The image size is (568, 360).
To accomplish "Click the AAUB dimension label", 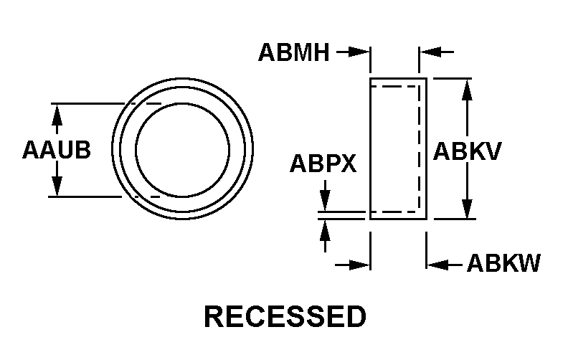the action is click(x=57, y=150).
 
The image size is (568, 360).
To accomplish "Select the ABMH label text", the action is click(x=294, y=52).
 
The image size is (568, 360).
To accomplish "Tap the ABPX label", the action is click(x=323, y=164).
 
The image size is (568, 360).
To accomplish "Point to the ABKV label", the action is click(x=468, y=151).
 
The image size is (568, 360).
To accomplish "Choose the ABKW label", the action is click(x=503, y=262).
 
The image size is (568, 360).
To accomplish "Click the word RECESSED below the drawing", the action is click(x=285, y=316).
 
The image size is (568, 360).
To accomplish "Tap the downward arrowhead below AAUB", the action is click(x=57, y=186).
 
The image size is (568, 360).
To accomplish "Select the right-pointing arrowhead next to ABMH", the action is click(x=360, y=52).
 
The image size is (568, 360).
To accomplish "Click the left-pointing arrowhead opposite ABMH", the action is click(x=430, y=52).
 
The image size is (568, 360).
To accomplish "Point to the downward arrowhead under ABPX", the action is click(x=325, y=201).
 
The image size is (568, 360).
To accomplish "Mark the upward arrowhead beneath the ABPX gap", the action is click(x=325, y=229).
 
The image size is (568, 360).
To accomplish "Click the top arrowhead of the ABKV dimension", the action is click(x=468, y=89).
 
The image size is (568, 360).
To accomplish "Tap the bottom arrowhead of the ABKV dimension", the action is click(x=468, y=209).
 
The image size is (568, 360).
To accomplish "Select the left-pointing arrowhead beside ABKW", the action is click(x=437, y=265).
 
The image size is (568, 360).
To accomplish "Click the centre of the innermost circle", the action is click(x=183, y=150).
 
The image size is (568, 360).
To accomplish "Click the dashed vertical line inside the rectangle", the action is click(x=419, y=149).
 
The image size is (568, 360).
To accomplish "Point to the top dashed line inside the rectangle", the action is click(x=395, y=87).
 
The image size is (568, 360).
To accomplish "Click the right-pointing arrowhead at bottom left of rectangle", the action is click(x=360, y=265).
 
